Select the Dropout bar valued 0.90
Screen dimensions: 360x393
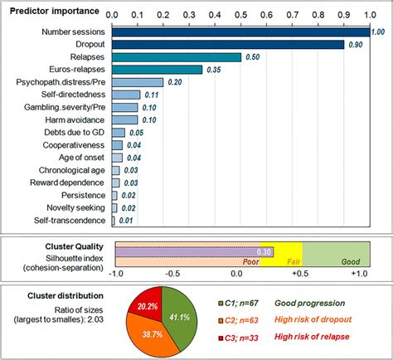coord(228,44)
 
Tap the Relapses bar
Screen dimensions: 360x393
coord(177,56)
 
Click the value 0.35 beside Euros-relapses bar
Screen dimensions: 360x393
coord(214,71)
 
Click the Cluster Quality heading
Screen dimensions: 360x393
coord(74,246)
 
